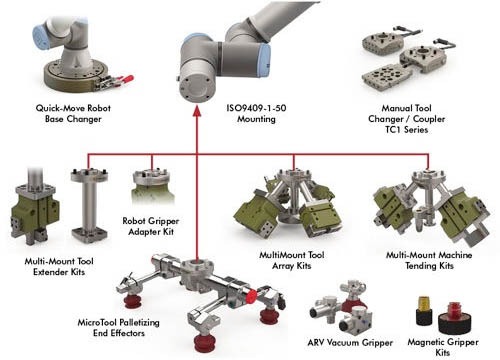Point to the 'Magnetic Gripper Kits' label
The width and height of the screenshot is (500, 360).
[x=442, y=346]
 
